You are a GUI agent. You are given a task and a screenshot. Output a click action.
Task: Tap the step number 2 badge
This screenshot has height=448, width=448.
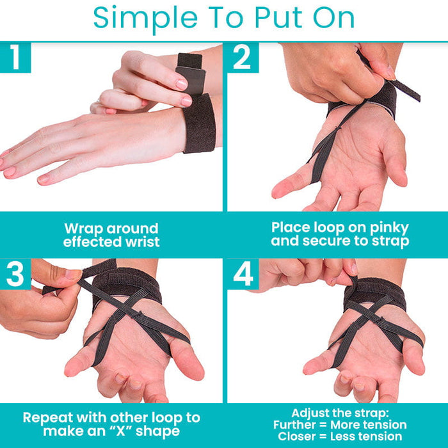click(242, 58)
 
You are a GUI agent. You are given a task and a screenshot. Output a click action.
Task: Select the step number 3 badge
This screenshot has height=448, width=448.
click(15, 273)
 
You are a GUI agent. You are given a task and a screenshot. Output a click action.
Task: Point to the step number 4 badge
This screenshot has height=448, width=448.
click(243, 273)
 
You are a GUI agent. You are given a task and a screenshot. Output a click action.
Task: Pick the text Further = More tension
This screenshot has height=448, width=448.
click(339, 425)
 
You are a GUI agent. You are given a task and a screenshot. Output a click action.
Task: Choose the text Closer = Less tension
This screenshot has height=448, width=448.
click(339, 437)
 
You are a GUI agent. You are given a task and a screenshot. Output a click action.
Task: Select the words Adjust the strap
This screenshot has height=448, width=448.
click(339, 413)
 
